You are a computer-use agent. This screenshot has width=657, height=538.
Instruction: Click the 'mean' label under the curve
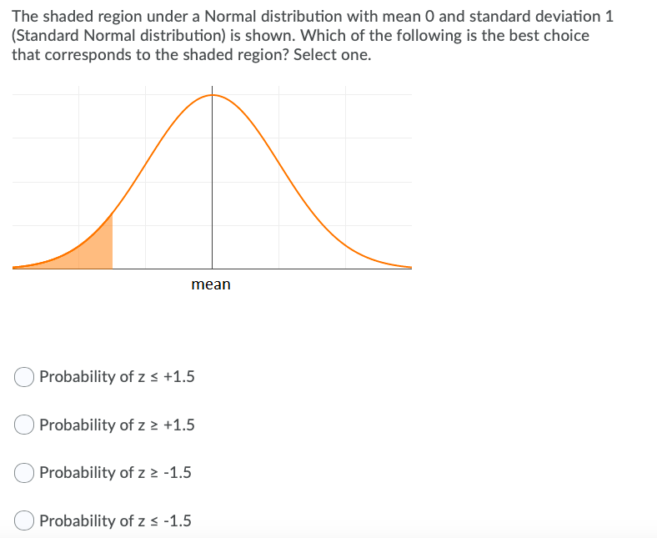point(211,284)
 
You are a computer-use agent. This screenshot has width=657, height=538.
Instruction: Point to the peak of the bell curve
point(212,95)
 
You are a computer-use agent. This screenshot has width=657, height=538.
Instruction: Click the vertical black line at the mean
point(212,184)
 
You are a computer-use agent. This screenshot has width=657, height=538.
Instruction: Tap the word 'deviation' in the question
point(549,16)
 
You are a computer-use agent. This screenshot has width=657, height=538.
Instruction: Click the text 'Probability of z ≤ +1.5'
point(117,377)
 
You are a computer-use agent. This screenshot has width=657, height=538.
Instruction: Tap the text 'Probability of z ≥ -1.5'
point(115,473)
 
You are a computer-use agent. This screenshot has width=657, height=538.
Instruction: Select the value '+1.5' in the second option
point(179,425)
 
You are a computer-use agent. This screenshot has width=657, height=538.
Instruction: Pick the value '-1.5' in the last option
point(177,521)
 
